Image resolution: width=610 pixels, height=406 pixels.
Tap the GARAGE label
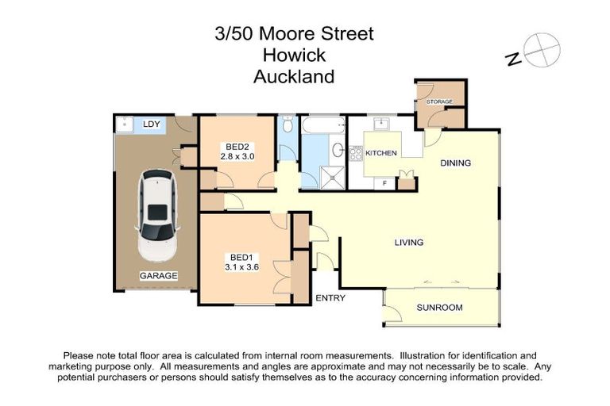coord(158,275)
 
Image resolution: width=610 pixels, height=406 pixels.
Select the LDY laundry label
coord(151,124)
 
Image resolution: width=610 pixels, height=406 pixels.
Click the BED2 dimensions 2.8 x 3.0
coord(238,158)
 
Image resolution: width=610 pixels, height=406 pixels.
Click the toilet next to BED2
coord(288,126)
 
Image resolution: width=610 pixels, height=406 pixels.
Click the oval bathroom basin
coord(338,150)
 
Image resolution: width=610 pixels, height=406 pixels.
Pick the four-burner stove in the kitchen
coord(355,151)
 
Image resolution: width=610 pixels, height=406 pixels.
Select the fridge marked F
coord(384,183)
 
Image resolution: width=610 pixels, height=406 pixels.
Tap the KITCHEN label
coord(380,152)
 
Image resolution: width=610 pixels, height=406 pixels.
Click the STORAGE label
coord(439,102)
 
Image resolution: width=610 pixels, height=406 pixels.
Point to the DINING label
coord(456,163)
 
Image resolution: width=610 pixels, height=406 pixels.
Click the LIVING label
coord(409,243)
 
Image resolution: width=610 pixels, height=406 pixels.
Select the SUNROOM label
coord(442,308)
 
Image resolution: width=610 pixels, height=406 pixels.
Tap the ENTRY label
coord(329,298)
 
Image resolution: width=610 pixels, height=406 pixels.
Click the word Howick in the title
coord(294,56)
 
